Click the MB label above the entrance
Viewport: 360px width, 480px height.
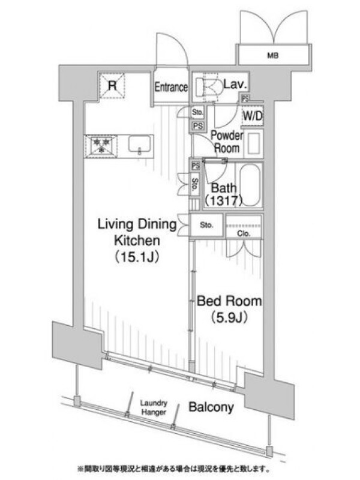click(x=273, y=56)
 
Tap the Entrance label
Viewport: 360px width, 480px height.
click(x=171, y=87)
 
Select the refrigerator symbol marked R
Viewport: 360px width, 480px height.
click(x=112, y=86)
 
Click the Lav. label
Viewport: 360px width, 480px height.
click(x=235, y=84)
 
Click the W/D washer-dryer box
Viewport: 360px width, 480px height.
click(x=253, y=116)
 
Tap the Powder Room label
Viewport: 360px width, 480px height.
click(x=227, y=142)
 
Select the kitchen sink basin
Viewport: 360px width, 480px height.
click(x=140, y=144)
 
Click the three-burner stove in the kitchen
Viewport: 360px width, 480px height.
click(x=101, y=146)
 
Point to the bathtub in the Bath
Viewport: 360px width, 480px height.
click(x=250, y=185)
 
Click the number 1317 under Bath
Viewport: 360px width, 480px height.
click(x=223, y=201)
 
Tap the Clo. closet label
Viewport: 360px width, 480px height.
click(x=244, y=233)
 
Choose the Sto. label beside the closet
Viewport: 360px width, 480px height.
click(x=206, y=225)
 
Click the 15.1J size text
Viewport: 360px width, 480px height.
click(x=137, y=257)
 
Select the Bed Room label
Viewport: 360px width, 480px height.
click(x=229, y=301)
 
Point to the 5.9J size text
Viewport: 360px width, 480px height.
click(x=229, y=318)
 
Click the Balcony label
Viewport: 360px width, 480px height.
click(x=211, y=407)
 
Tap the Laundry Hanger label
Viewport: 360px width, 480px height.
click(x=154, y=408)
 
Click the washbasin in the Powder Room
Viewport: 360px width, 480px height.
click(x=253, y=143)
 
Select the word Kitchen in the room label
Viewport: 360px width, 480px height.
click(x=137, y=241)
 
